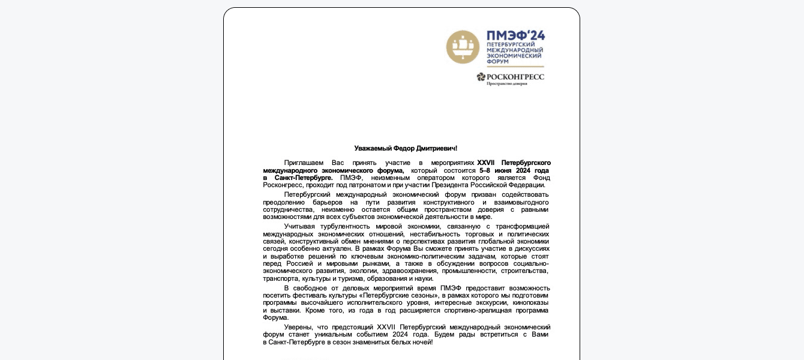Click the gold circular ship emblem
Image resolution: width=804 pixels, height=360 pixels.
click(x=463, y=47)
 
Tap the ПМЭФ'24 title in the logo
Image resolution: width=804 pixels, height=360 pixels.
click(x=515, y=35)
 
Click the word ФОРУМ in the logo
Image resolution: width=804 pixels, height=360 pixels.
click(x=497, y=62)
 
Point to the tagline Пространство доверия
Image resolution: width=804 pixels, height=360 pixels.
click(x=506, y=84)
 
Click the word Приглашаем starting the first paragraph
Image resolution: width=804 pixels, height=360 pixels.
click(x=304, y=163)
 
